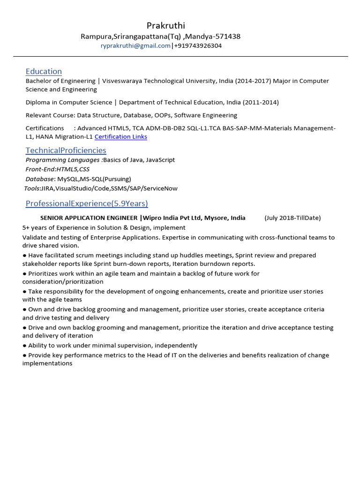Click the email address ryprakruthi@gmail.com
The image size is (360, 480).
(x=135, y=46)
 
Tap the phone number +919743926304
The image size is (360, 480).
(x=198, y=46)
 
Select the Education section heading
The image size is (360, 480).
(x=44, y=71)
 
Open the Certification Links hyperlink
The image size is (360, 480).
(x=120, y=137)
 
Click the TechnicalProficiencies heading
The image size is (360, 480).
(x=66, y=150)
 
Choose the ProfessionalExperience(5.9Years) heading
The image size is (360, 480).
(x=87, y=203)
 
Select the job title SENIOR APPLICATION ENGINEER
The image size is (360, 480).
(x=89, y=218)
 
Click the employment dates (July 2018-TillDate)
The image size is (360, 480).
(x=292, y=218)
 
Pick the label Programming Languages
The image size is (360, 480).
(x=62, y=160)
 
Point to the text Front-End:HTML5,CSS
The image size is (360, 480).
(x=57, y=169)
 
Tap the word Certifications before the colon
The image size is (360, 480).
(x=45, y=128)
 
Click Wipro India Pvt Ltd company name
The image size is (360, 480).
(x=172, y=218)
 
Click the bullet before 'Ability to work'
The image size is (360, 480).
(x=24, y=345)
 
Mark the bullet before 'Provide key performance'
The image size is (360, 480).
(x=24, y=355)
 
